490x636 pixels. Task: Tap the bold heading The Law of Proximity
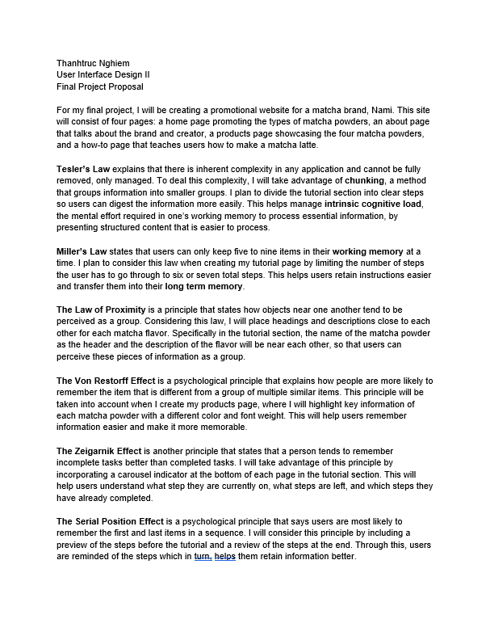(x=108, y=310)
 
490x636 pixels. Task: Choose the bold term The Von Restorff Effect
(x=116, y=381)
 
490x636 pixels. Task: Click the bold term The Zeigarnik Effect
(x=101, y=451)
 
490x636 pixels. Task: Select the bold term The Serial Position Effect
(x=115, y=521)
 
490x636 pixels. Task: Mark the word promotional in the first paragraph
(x=243, y=109)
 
